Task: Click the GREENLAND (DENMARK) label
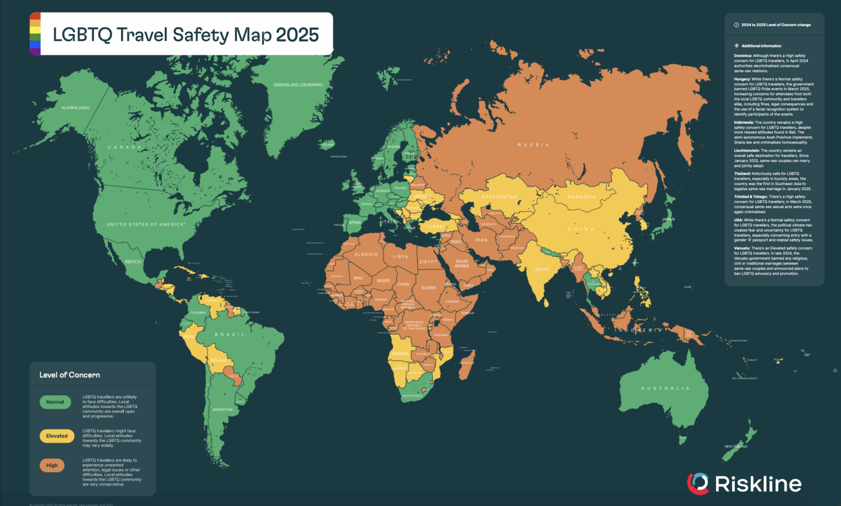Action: (298, 85)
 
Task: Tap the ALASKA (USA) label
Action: (75, 108)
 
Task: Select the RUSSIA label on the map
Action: (533, 145)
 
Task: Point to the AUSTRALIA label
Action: (665, 388)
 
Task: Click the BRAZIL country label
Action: (229, 335)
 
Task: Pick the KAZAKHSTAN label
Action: (499, 197)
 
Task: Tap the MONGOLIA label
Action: (581, 197)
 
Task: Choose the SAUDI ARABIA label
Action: (462, 263)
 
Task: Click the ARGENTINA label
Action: (222, 410)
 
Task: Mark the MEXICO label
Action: (133, 262)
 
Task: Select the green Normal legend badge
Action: (55, 402)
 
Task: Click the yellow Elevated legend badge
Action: (57, 436)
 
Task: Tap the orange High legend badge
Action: (52, 465)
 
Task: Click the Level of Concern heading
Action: (70, 375)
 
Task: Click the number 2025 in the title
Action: (297, 34)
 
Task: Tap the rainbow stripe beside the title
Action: (35, 34)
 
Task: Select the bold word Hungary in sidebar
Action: (742, 79)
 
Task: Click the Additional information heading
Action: (761, 46)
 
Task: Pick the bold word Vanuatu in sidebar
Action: (742, 249)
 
